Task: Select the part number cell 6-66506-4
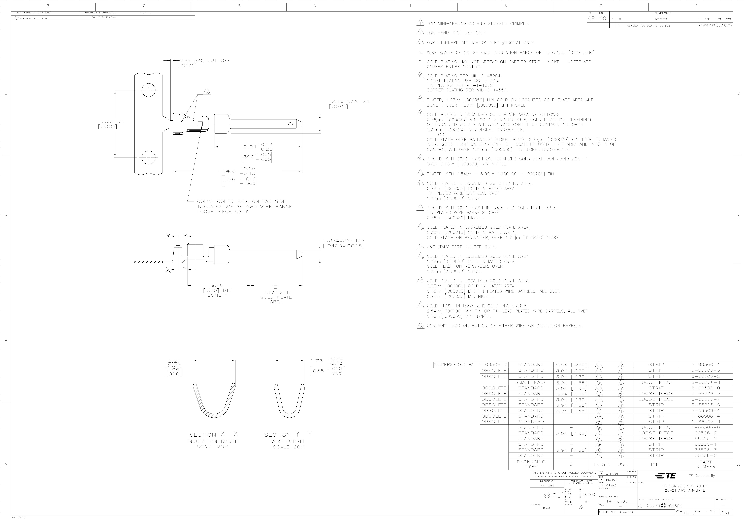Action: pyautogui.click(x=705, y=364)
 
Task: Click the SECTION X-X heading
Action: pyautogui.click(x=214, y=434)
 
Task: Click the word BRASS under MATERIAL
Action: pyautogui.click(x=547, y=508)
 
